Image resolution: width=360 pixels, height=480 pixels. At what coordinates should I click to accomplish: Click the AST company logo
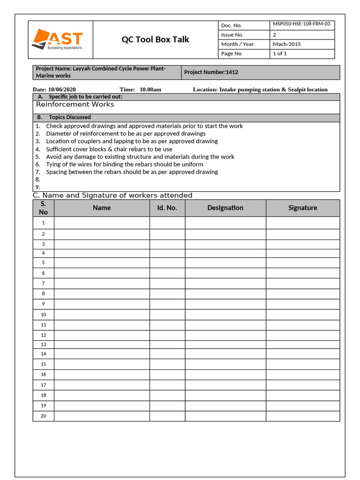click(57, 39)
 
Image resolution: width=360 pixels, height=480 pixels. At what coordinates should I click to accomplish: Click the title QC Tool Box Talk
click(155, 39)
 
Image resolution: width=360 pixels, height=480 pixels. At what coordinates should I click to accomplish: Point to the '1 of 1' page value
click(280, 53)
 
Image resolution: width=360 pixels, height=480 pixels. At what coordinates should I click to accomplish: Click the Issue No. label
click(232, 35)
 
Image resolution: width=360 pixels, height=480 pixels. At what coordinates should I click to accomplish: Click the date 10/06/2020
click(62, 90)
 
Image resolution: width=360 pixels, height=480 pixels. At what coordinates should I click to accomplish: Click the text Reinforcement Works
click(75, 105)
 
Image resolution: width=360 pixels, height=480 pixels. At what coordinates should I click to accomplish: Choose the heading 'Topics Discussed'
click(70, 117)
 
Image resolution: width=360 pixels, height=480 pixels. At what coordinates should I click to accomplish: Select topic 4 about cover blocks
click(109, 149)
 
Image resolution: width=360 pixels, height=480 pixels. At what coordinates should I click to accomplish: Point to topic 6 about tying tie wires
click(124, 165)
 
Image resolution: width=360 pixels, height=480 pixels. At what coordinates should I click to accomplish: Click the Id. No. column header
click(167, 208)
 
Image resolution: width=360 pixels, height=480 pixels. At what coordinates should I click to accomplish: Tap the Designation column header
click(225, 208)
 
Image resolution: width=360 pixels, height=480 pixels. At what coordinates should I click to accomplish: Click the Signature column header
click(302, 208)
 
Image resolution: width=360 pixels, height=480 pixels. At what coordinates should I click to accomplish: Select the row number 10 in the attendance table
click(43, 315)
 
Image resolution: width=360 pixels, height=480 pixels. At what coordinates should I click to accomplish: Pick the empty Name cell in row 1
click(102, 223)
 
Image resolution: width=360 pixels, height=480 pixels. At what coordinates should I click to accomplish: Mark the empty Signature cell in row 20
click(302, 416)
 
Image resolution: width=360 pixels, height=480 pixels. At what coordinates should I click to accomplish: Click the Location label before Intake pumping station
click(205, 90)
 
